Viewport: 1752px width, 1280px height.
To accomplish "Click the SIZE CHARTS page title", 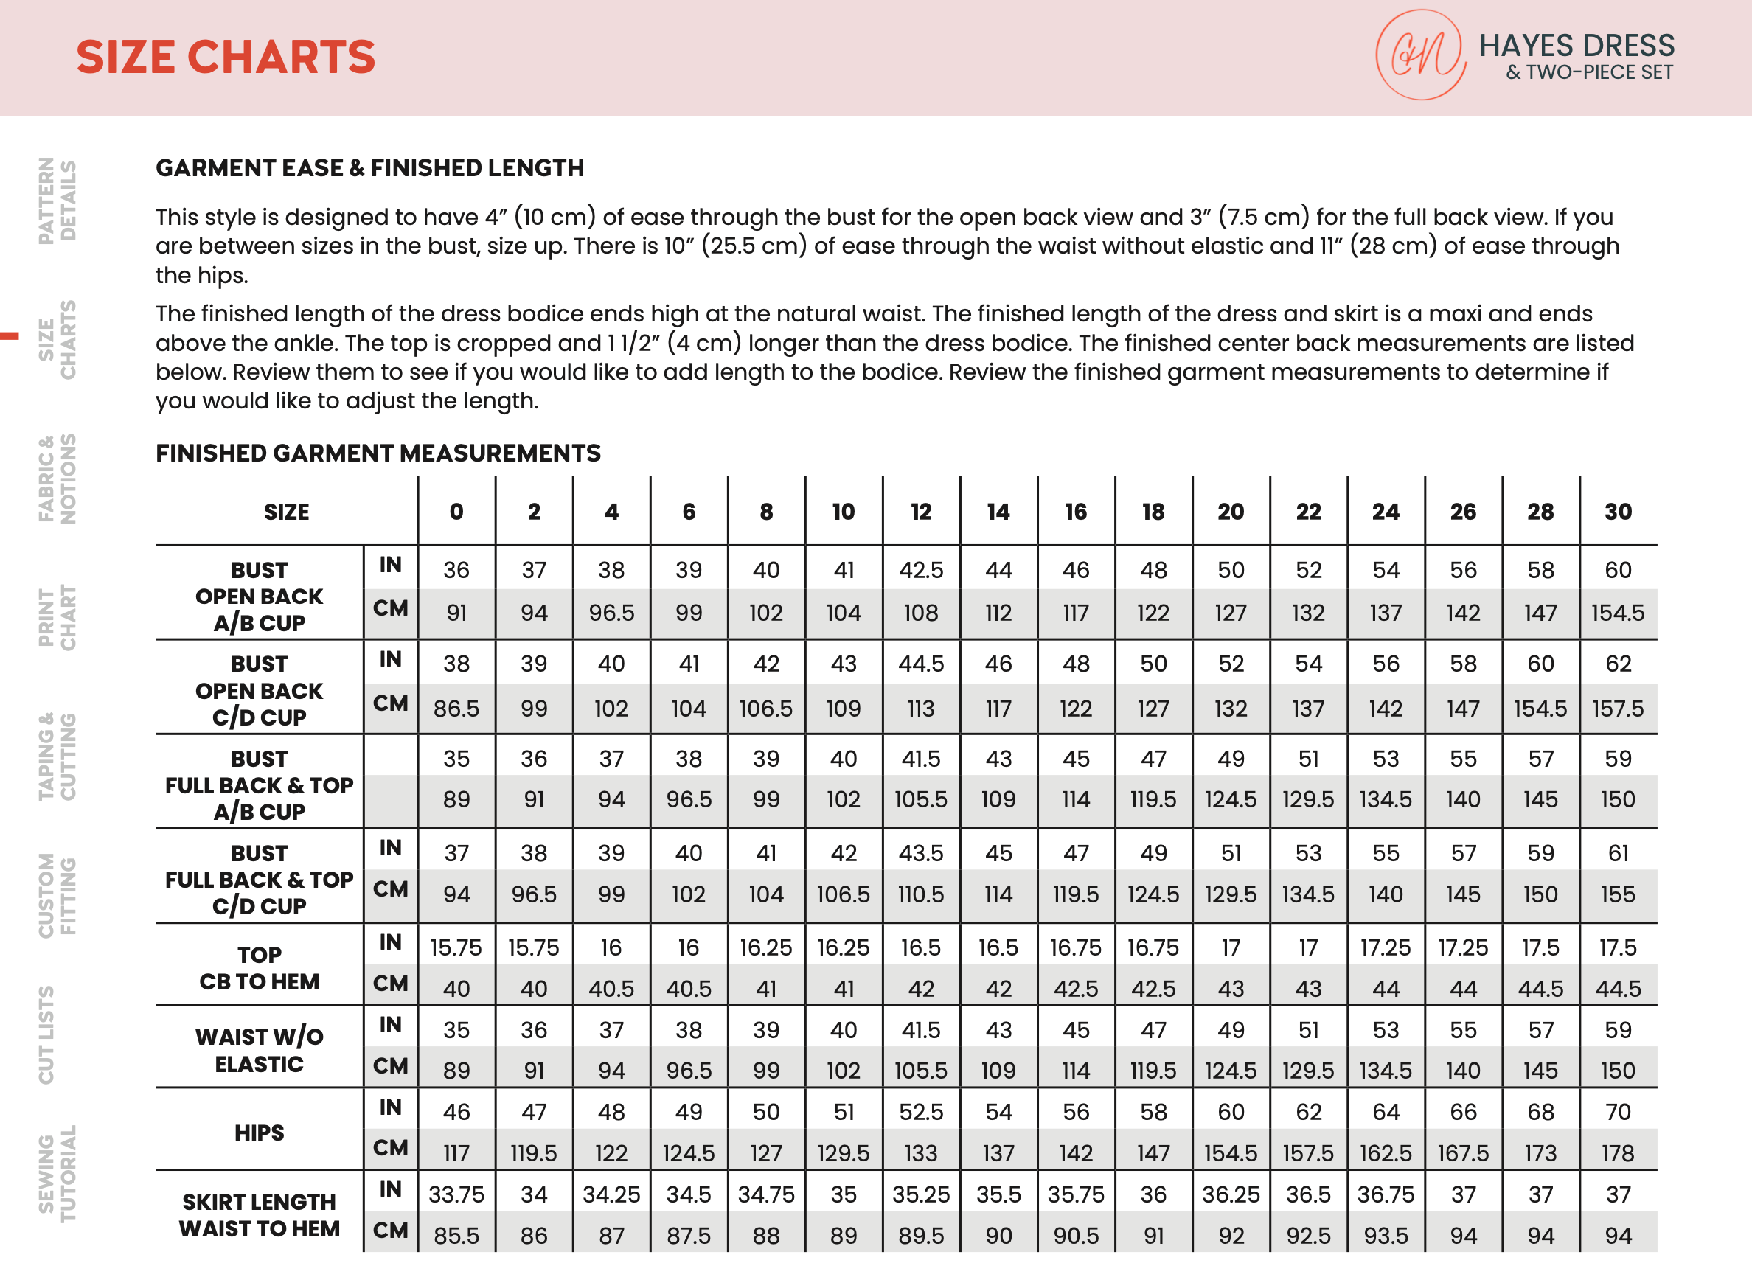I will (226, 58).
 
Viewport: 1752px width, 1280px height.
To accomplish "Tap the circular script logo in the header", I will (1419, 55).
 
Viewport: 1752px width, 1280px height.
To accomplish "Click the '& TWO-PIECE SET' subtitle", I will (1588, 73).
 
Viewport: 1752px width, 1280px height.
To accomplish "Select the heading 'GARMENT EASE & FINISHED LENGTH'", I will (369, 168).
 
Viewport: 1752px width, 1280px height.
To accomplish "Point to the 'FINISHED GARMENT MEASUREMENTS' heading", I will (378, 453).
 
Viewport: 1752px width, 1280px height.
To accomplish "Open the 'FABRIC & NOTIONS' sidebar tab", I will (58, 478).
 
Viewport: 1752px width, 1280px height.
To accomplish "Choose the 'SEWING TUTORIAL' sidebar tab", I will (58, 1172).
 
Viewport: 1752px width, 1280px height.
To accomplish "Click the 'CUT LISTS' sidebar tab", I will (46, 1034).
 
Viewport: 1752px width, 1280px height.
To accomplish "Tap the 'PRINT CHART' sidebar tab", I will (58, 618).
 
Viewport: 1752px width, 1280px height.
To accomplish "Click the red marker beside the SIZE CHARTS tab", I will (10, 336).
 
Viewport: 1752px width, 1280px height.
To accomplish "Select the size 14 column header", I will (998, 512).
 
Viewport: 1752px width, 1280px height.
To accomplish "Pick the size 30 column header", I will (1618, 512).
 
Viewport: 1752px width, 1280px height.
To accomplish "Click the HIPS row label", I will (259, 1133).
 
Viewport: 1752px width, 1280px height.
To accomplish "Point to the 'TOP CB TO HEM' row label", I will (259, 969).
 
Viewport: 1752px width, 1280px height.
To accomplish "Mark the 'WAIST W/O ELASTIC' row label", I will (259, 1050).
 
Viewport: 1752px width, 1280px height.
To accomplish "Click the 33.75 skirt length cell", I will (456, 1194).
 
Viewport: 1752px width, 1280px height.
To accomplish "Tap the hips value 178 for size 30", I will (1618, 1154).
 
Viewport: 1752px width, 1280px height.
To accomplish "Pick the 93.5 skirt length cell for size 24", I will (1386, 1236).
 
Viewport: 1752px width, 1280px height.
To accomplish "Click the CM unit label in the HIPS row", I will (391, 1148).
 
